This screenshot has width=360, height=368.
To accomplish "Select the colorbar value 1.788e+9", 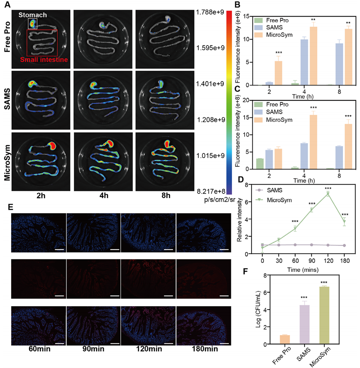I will tap(210, 12).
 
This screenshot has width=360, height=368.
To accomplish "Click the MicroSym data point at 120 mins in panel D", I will tap(328, 194).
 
